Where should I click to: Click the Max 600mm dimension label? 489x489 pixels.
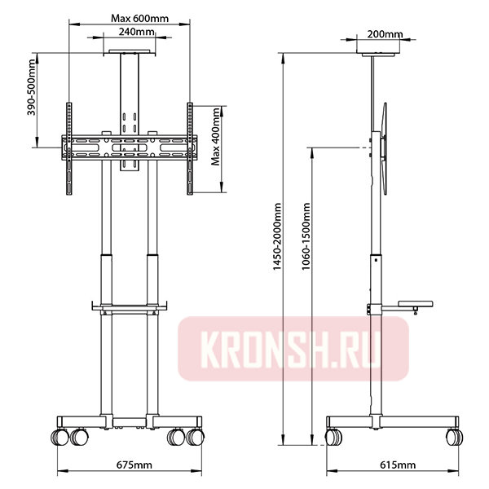pyautogui.click(x=139, y=19)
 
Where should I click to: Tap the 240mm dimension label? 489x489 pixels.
pyautogui.click(x=136, y=32)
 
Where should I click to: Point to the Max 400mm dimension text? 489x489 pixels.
pyautogui.click(x=215, y=137)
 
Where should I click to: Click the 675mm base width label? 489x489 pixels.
pyautogui.click(x=134, y=465)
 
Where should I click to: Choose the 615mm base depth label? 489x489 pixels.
pyautogui.click(x=398, y=465)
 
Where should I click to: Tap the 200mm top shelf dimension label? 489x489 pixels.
pyautogui.click(x=385, y=34)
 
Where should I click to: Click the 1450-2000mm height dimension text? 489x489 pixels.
pyautogui.click(x=277, y=236)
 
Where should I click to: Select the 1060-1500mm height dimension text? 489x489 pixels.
pyautogui.click(x=306, y=236)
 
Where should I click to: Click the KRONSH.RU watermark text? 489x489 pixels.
pyautogui.click(x=291, y=349)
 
